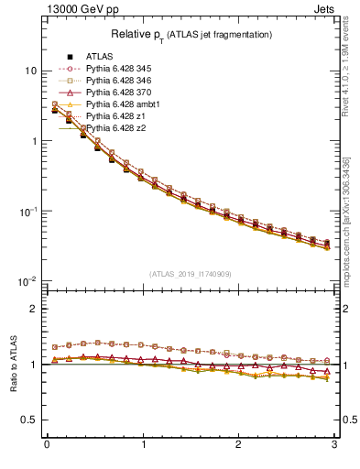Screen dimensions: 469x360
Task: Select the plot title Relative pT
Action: [x=190, y=34]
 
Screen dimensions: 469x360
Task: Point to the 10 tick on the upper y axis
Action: [x=31, y=71]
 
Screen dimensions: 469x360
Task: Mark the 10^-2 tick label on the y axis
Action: [x=27, y=281]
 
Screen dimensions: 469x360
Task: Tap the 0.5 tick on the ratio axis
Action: [x=29, y=420]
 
